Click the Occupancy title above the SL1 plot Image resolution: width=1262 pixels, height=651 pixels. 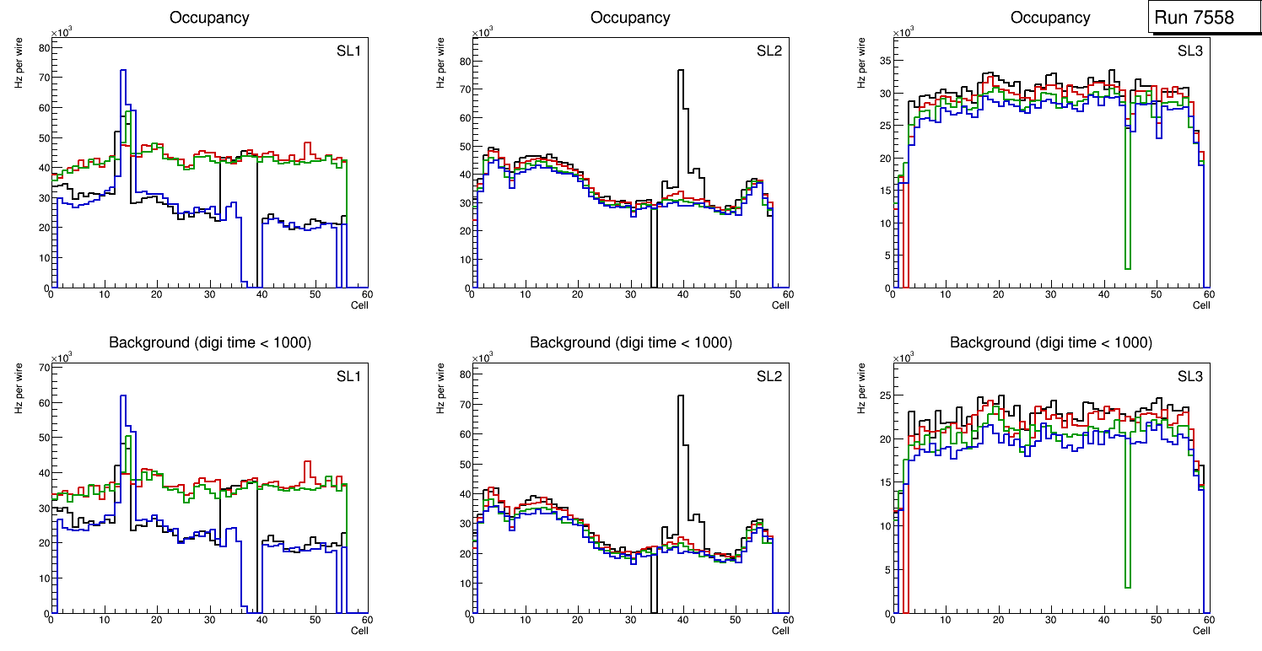(209, 17)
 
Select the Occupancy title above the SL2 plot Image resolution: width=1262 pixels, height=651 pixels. (630, 17)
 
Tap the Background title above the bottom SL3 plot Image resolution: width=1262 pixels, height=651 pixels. (1050, 342)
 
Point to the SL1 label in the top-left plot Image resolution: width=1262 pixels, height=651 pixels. (348, 51)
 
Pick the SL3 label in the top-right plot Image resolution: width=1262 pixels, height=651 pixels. (1190, 51)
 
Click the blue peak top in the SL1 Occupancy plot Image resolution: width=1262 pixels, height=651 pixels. (123, 71)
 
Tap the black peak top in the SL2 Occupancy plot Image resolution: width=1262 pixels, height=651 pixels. (680, 71)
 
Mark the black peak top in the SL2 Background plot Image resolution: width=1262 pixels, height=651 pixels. (680, 396)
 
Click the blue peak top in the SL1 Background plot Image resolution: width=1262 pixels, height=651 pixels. (123, 396)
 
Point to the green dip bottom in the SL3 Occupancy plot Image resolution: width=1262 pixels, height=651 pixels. (1127, 268)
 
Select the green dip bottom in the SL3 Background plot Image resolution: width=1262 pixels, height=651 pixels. (1127, 586)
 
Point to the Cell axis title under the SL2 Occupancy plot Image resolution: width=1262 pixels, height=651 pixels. (780, 305)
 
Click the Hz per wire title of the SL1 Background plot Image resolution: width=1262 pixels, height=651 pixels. (19, 388)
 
